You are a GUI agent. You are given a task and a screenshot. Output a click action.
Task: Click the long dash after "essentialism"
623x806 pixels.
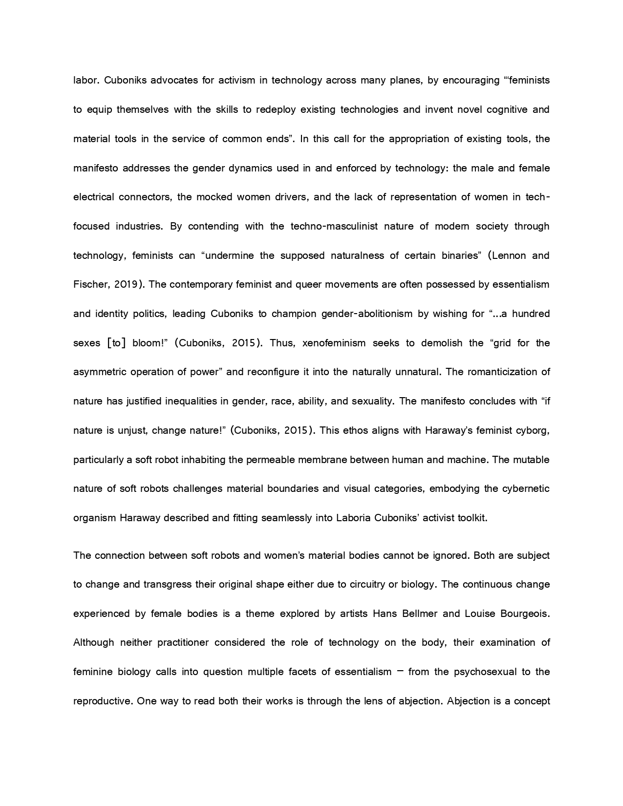(x=400, y=671)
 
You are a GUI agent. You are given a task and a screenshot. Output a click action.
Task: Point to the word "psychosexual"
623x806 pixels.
(x=485, y=672)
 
